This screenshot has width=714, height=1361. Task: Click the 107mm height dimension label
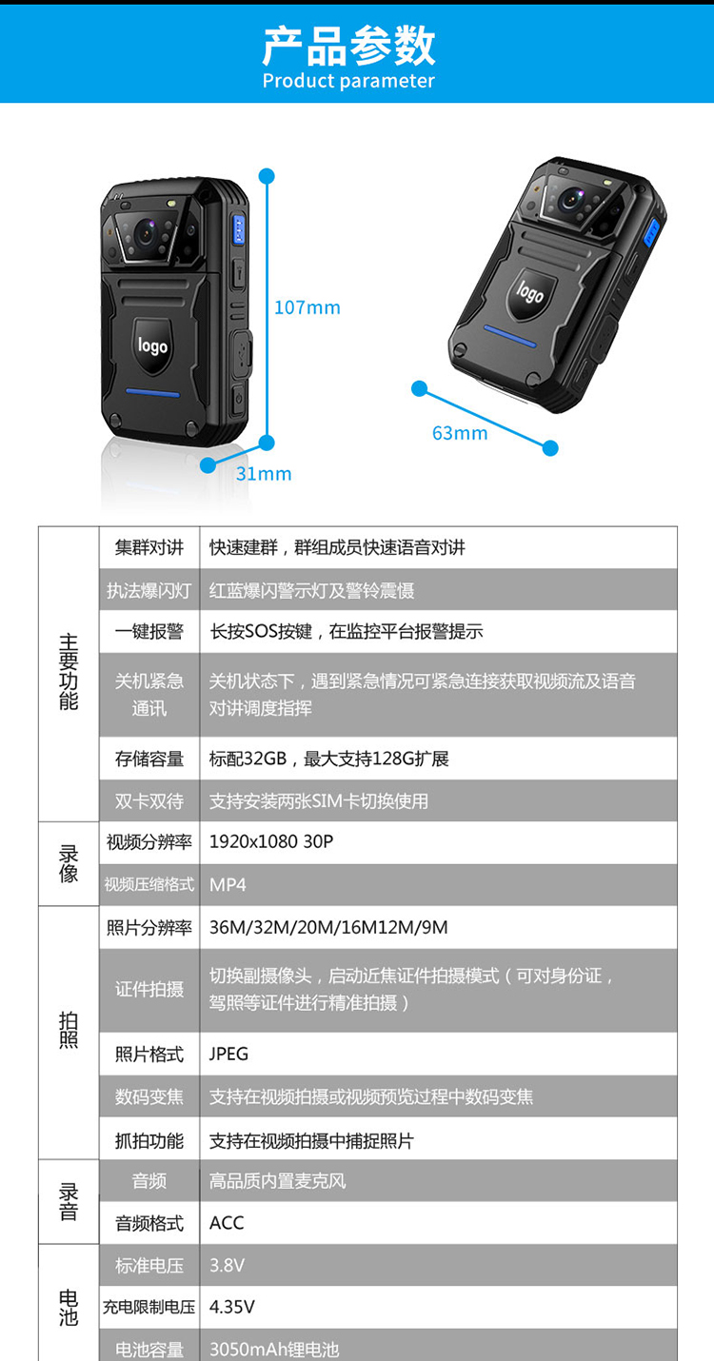(307, 307)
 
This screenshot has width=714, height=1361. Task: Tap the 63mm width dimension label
(460, 433)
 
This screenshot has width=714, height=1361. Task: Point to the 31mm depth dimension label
(264, 473)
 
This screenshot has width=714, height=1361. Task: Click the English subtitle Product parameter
(348, 81)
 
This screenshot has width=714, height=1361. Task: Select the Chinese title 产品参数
(348, 45)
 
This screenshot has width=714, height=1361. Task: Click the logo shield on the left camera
(152, 345)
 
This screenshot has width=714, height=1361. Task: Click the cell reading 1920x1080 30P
(271, 842)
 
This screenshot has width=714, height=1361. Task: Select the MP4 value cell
(228, 885)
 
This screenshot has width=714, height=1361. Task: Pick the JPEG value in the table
(228, 1054)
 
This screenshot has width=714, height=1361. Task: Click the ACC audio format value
(227, 1223)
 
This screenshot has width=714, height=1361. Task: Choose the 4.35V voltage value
(231, 1307)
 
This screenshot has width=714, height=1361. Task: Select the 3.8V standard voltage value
(227, 1266)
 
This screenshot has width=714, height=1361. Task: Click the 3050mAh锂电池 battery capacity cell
(274, 1350)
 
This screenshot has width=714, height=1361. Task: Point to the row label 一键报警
(149, 631)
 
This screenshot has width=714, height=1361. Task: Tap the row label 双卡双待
(149, 801)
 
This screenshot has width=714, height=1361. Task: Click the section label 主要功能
(69, 672)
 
